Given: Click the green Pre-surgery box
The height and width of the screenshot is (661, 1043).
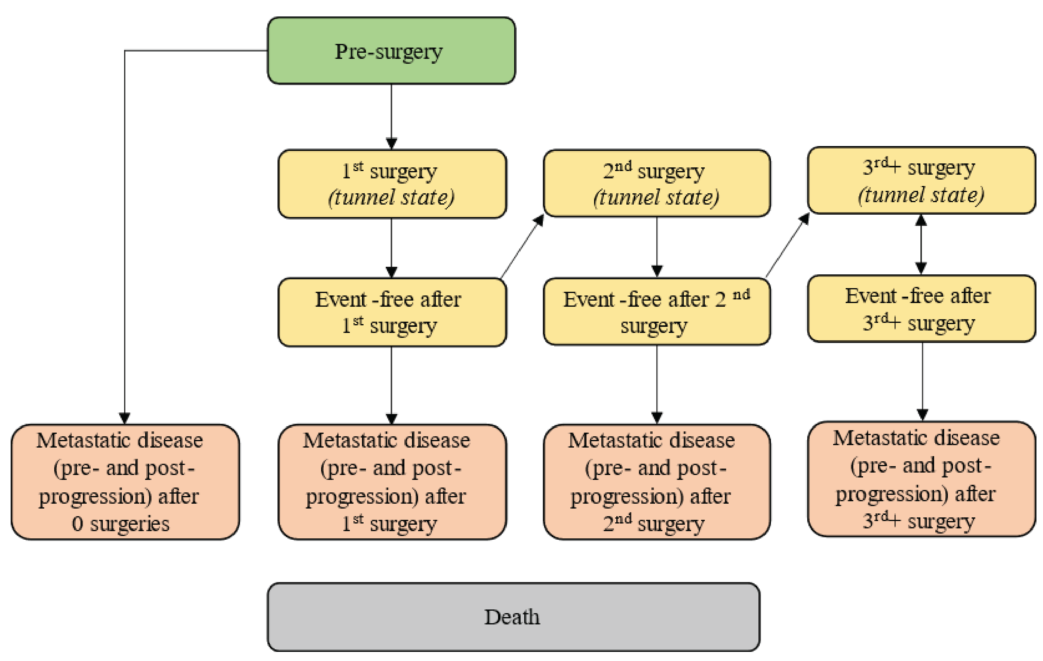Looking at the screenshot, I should click(x=391, y=51).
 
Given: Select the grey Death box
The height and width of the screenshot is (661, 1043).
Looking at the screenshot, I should click(x=513, y=616).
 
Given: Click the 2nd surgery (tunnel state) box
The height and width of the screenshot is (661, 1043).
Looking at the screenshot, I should click(x=656, y=183).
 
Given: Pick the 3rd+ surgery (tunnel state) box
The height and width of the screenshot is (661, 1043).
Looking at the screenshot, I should click(x=921, y=180).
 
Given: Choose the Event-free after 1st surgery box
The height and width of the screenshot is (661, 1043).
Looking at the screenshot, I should click(x=392, y=312).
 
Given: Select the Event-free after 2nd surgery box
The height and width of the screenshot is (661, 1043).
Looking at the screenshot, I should click(x=656, y=311).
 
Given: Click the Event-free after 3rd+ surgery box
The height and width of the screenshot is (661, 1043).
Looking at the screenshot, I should click(x=921, y=309).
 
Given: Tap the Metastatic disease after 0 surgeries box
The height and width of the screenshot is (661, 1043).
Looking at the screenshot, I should click(x=125, y=482).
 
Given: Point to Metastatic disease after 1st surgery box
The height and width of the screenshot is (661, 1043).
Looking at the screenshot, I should click(x=392, y=482).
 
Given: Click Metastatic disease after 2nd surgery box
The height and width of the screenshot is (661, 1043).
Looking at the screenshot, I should click(x=656, y=482).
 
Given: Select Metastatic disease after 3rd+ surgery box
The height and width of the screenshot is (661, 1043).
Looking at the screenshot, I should click(x=921, y=479).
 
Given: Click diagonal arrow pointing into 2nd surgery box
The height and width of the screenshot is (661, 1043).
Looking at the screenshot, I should click(x=522, y=247).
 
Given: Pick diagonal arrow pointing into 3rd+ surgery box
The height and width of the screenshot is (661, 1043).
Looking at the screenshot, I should click(x=787, y=245).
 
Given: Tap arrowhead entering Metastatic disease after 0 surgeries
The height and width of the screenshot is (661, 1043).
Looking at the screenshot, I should click(x=125, y=418).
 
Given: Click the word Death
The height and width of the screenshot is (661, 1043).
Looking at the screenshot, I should click(x=512, y=617).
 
